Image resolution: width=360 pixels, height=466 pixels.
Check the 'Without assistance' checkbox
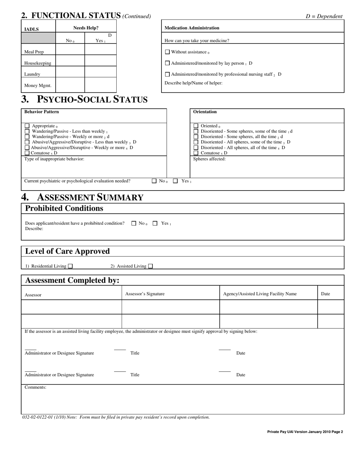167,52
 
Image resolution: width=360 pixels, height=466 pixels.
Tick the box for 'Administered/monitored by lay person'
167,63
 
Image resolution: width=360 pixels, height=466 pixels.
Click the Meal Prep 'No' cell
70,50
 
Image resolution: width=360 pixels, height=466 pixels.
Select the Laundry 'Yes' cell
100,72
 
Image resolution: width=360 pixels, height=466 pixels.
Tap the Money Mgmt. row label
38,86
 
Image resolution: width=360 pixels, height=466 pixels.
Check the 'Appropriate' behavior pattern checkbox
27,126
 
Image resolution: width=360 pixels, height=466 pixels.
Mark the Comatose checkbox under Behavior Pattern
27,153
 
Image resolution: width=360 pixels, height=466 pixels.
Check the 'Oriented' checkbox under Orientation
196,126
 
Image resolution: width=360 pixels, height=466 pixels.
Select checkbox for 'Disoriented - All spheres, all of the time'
196,148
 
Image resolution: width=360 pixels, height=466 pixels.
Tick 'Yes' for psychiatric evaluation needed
175,181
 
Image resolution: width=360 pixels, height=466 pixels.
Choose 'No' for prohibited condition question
134,224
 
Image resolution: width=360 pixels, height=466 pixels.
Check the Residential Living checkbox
70,266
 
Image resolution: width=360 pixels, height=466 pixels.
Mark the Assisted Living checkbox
150,266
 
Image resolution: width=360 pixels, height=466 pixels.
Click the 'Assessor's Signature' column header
145,294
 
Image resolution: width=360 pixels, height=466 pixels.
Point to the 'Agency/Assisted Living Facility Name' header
260,294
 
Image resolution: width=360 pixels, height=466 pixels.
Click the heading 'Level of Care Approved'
67,251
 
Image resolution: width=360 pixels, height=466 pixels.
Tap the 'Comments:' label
35,387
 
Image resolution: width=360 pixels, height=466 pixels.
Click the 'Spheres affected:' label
209,159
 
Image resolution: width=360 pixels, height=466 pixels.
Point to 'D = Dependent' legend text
324,16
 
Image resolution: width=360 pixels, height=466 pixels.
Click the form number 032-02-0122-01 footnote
116,417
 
